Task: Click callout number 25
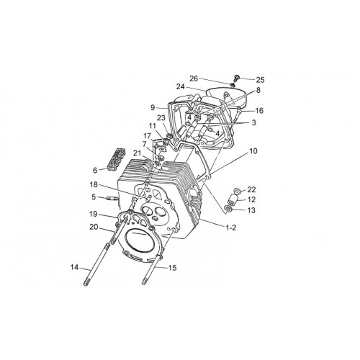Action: click(x=260, y=79)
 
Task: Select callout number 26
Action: click(x=194, y=78)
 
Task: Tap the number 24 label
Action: click(x=181, y=86)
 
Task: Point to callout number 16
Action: click(x=259, y=111)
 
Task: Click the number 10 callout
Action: click(x=253, y=151)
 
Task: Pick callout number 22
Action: click(x=251, y=189)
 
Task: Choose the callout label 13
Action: click(x=251, y=210)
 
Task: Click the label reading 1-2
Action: click(x=231, y=228)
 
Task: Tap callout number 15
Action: click(x=172, y=268)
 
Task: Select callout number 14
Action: click(x=75, y=267)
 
